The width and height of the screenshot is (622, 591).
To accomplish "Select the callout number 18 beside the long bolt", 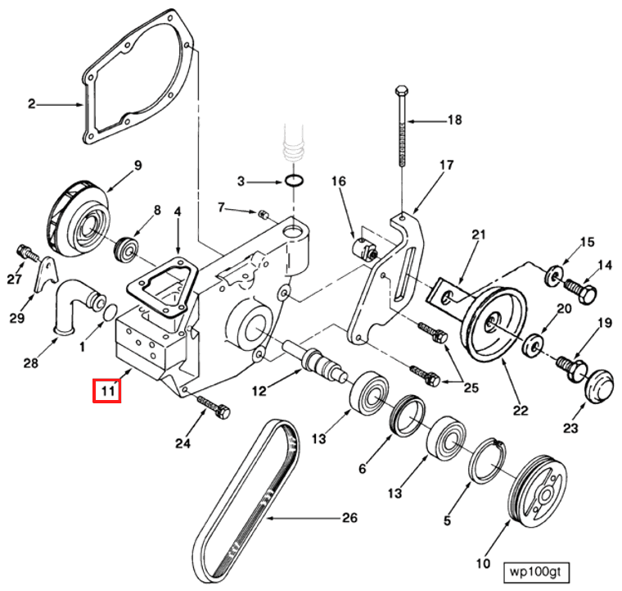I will pyautogui.click(x=453, y=120).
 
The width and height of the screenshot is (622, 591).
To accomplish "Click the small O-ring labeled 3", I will pyautogui.click(x=298, y=180).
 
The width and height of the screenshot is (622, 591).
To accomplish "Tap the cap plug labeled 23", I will pyautogui.click(x=599, y=384).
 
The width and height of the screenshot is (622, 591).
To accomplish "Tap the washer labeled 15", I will pyautogui.click(x=551, y=270).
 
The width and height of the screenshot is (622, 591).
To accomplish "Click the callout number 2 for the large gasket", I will pyautogui.click(x=32, y=104).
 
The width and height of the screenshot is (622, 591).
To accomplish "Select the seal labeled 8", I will pyautogui.click(x=128, y=246).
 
